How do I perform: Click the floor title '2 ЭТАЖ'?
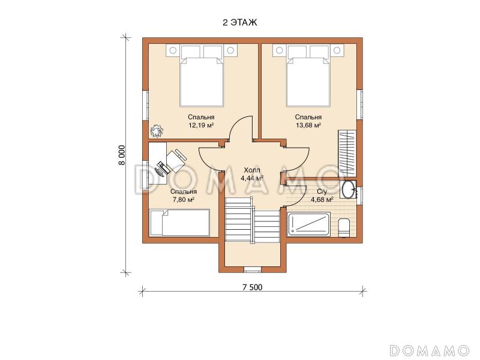click(x=239, y=22)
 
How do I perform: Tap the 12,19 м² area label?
click(x=201, y=125)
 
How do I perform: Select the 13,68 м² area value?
click(x=308, y=125)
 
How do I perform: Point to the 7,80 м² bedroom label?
click(x=184, y=199)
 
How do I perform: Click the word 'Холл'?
click(x=252, y=170)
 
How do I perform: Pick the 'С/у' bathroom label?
click(x=322, y=192)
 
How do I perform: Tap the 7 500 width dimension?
click(x=253, y=287)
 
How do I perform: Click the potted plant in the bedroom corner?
click(x=157, y=131)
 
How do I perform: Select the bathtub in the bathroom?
click(x=308, y=225)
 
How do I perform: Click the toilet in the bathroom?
click(x=344, y=228)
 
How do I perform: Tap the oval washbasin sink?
click(x=348, y=190)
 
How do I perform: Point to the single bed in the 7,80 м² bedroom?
click(x=179, y=223)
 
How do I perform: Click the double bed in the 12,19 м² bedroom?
click(x=202, y=79)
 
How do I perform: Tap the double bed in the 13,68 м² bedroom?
click(x=308, y=79)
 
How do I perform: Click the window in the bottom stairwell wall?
click(x=252, y=269)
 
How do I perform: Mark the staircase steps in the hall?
click(x=253, y=220)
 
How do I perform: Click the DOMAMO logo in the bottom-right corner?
click(x=430, y=350)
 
